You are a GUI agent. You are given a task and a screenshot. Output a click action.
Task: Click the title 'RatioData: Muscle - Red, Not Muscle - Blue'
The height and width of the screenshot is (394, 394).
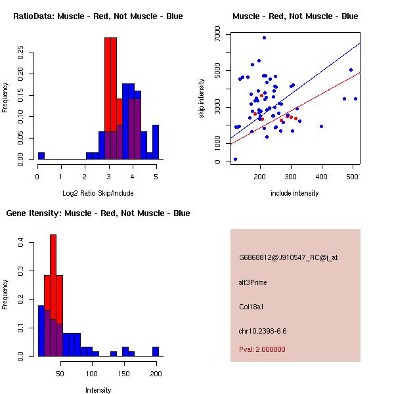click(x=98, y=16)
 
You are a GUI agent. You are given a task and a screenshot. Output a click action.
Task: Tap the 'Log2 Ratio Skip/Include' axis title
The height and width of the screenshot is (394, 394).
click(x=97, y=192)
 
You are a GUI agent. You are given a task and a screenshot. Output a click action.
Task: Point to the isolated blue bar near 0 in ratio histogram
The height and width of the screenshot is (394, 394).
click(x=41, y=156)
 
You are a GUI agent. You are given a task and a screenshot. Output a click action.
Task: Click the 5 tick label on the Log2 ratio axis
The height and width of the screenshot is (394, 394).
click(x=156, y=176)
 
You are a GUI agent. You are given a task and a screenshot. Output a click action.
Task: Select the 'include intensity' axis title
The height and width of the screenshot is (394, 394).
click(x=295, y=193)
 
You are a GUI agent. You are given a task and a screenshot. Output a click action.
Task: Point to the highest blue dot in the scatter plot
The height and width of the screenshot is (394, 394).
click(x=264, y=37)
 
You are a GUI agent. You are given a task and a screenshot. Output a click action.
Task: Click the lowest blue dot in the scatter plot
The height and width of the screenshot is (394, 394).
click(x=235, y=159)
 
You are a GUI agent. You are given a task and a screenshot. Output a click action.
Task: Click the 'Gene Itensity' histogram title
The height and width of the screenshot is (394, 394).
click(x=98, y=213)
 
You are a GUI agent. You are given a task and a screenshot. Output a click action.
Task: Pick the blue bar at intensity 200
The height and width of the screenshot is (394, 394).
click(x=156, y=351)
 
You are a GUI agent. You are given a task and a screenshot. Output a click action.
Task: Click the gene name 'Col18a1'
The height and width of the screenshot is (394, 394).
click(x=252, y=306)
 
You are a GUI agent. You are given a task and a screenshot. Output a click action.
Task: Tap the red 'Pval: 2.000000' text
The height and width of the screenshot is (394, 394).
click(x=262, y=349)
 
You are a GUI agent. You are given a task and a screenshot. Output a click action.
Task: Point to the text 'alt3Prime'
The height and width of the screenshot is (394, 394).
click(x=253, y=282)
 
